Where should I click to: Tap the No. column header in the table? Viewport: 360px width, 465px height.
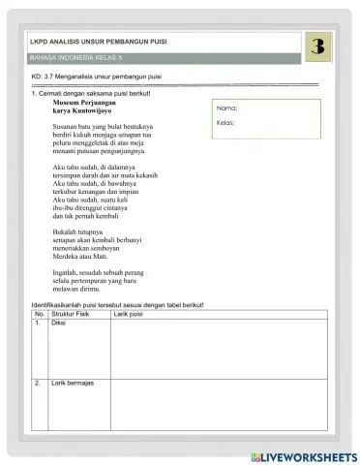pyautogui.click(x=40, y=314)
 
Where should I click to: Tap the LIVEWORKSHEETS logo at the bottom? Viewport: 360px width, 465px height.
pyautogui.click(x=302, y=456)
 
